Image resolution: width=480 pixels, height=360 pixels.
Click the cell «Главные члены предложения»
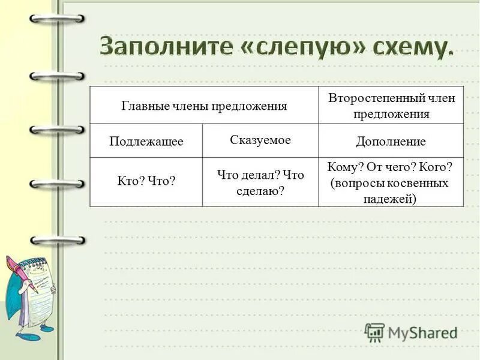204,106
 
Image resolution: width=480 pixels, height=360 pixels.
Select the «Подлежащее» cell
146,142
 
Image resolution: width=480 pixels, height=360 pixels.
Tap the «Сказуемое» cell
260,140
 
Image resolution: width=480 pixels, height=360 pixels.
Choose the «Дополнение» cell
391,142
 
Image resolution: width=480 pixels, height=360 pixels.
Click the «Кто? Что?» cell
146,180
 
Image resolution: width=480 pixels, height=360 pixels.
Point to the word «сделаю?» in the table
260,190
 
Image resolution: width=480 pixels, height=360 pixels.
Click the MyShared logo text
422,332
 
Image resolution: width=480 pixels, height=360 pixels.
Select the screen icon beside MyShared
374,332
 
